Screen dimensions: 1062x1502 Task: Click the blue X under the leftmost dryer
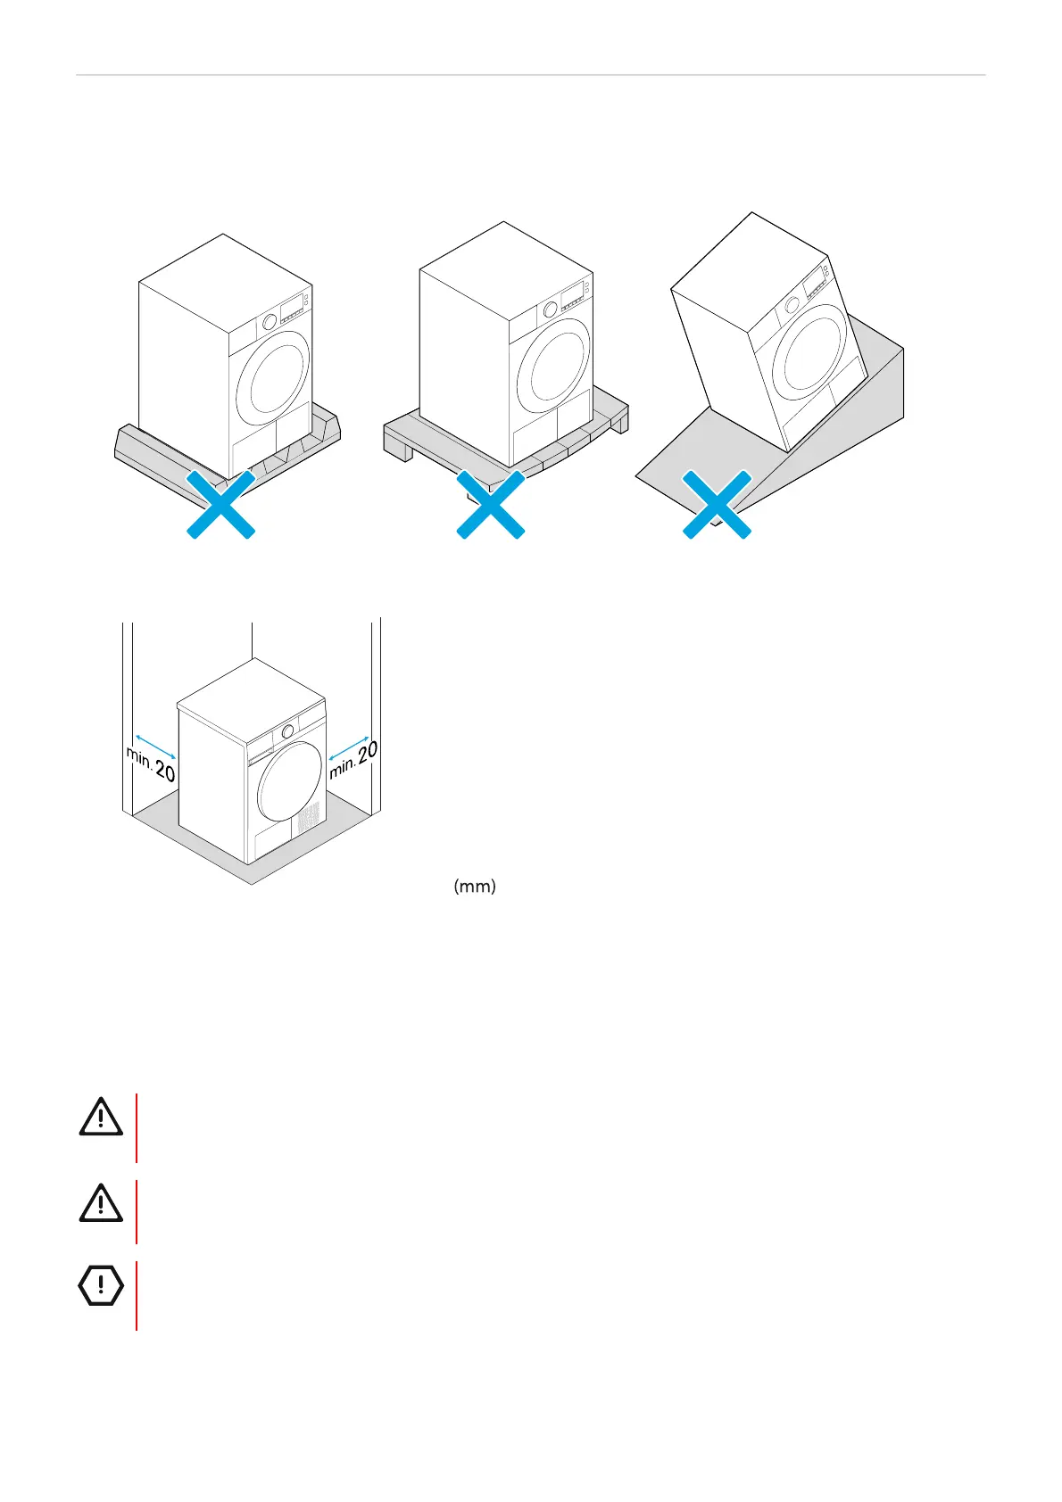(220, 505)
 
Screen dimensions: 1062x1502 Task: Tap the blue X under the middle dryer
(490, 505)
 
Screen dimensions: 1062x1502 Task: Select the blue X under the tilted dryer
(717, 505)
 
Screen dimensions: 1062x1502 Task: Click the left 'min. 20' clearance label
(151, 764)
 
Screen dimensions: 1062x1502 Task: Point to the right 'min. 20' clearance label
(353, 759)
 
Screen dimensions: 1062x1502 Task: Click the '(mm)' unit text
(475, 887)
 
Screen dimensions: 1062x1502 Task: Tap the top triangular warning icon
(101, 1118)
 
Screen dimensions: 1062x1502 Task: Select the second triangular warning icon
(101, 1204)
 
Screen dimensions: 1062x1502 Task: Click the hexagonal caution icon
(101, 1285)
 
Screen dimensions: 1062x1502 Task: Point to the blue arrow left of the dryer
(155, 747)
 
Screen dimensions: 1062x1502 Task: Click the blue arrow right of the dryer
(349, 744)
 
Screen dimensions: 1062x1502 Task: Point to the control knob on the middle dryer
(551, 309)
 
